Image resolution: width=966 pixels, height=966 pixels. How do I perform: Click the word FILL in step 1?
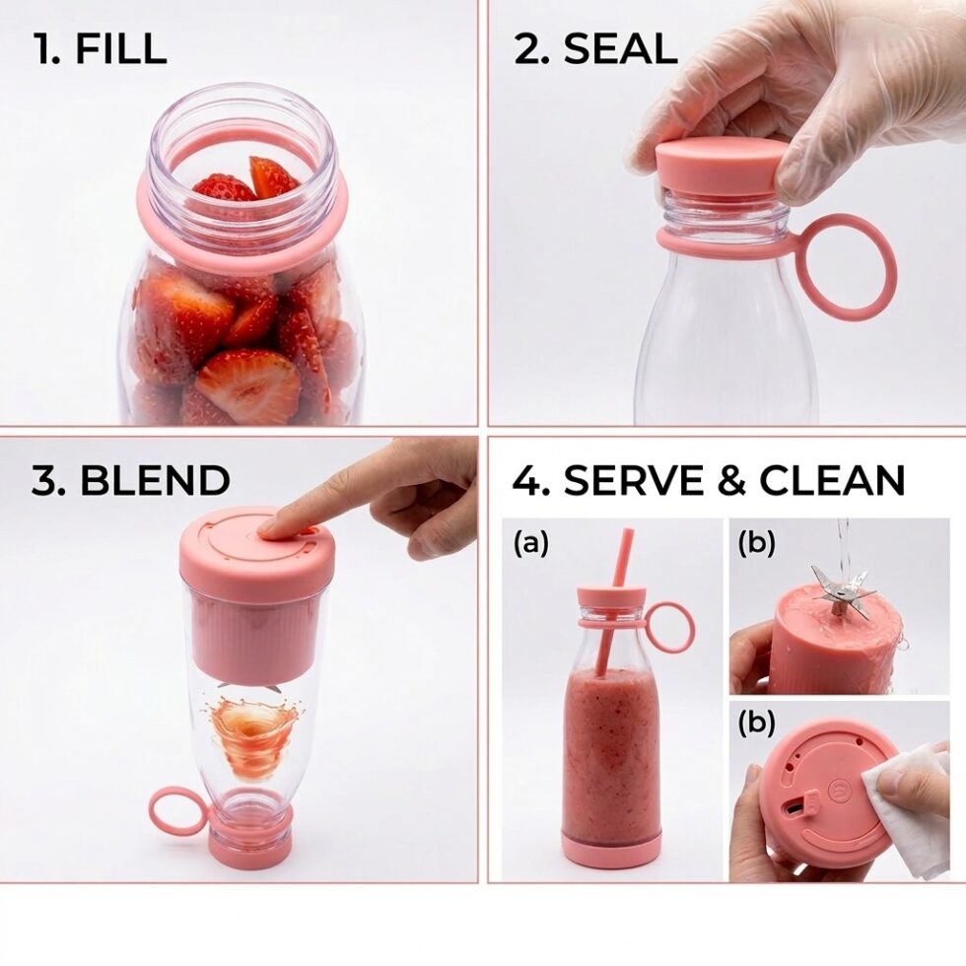(121, 48)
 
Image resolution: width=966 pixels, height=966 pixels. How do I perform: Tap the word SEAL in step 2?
(620, 48)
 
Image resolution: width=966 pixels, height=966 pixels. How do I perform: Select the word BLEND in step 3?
(156, 480)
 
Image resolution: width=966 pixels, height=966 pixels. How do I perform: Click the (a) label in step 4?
(530, 544)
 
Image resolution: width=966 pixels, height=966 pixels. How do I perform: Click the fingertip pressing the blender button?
(268, 525)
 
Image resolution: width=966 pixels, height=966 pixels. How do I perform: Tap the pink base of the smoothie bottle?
(610, 846)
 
